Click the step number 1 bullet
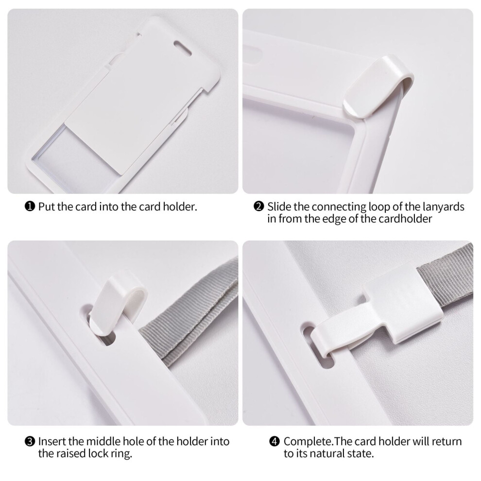[30, 206]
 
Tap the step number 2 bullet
[258, 206]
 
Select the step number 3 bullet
[30, 442]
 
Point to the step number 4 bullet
[275, 442]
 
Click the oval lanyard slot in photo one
[183, 48]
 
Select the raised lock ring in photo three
[118, 305]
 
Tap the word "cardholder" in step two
[405, 219]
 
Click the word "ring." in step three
[121, 454]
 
